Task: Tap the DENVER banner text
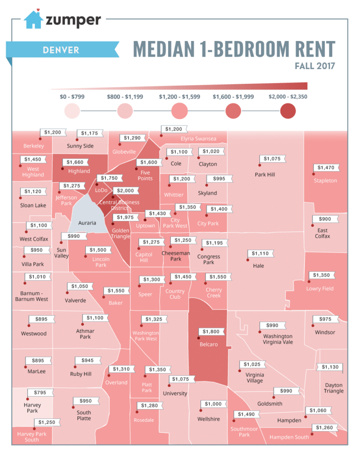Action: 61,49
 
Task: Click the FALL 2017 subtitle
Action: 314,66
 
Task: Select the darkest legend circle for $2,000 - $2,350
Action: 288,111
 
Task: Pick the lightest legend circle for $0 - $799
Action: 72,111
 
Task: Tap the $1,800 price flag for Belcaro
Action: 211,332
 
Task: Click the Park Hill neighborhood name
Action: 265,174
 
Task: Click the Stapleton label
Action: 325,181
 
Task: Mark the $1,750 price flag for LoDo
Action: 109,178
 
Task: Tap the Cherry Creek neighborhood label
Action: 213,293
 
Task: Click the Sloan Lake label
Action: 33,206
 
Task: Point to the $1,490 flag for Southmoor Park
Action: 247,415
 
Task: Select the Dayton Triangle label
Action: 334,388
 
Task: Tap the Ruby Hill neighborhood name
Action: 81,374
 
